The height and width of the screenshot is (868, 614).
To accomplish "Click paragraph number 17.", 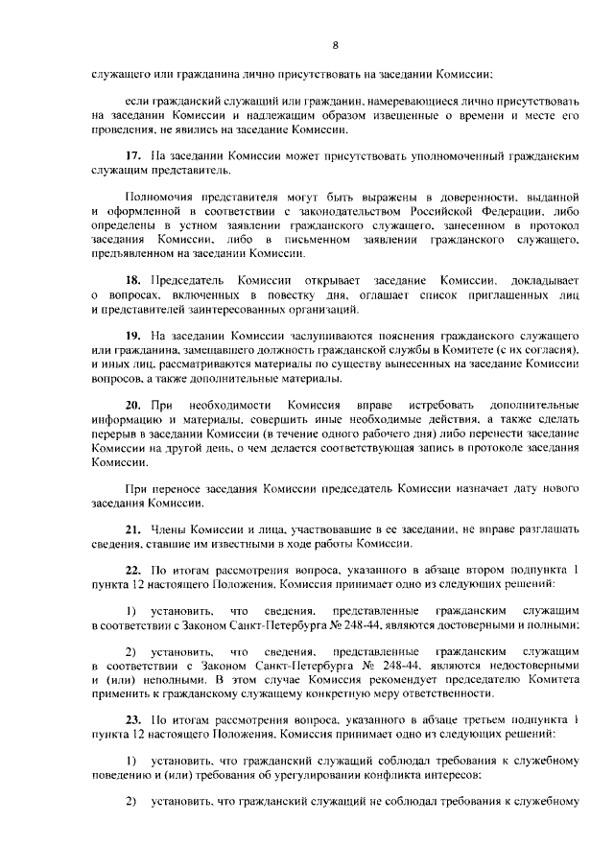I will pyautogui.click(x=134, y=154).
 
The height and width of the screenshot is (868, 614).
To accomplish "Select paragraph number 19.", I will pyautogui.click(x=134, y=334).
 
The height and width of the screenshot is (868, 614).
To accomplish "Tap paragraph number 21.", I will pyautogui.click(x=134, y=530).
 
